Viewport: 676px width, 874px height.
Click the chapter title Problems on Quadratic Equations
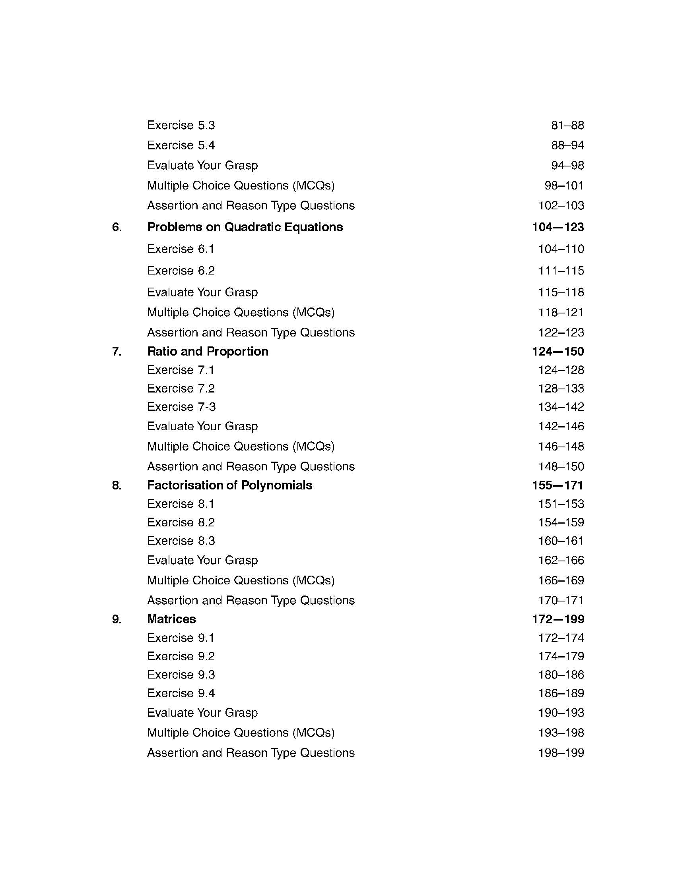pos(245,227)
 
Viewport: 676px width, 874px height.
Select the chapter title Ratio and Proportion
pos(208,351)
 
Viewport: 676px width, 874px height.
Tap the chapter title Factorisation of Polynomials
pos(229,485)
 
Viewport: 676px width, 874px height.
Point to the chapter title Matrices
pos(171,619)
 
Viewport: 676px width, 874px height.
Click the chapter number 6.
pos(117,227)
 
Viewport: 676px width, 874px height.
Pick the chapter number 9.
pos(117,619)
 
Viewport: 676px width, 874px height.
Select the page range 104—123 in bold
pos(558,227)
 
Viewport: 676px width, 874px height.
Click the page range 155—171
pos(558,485)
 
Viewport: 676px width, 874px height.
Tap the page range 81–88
pos(567,125)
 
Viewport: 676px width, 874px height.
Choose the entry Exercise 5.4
pos(181,145)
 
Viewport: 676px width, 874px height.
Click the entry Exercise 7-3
pos(181,406)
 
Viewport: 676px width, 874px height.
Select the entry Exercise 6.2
pos(181,271)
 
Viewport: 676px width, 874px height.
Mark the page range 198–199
pos(561,753)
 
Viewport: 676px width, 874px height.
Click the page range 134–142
pos(561,407)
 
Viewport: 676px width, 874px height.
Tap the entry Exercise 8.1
pos(181,503)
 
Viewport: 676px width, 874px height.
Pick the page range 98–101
pos(564,185)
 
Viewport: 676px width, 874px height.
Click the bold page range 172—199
pos(558,619)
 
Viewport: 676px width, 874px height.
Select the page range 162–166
pos(561,560)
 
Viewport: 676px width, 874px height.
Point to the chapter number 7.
pos(117,351)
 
